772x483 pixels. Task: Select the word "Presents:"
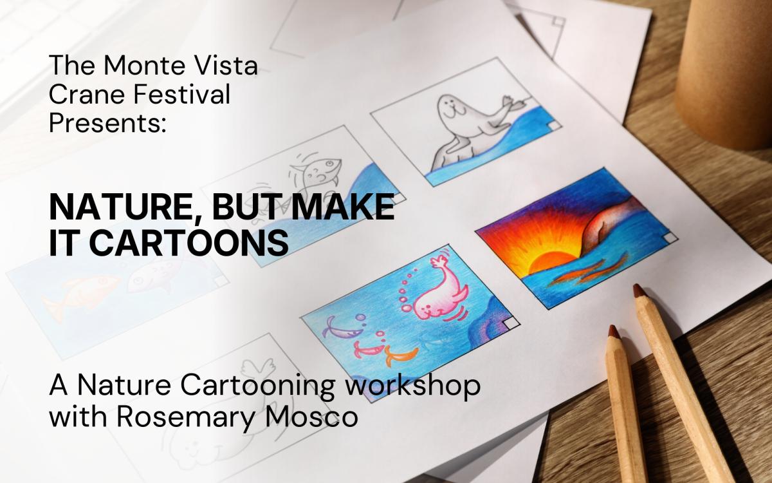pyautogui.click(x=107, y=123)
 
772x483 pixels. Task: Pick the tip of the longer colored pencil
pyautogui.click(x=639, y=290)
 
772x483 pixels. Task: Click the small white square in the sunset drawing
pyautogui.click(x=670, y=238)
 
